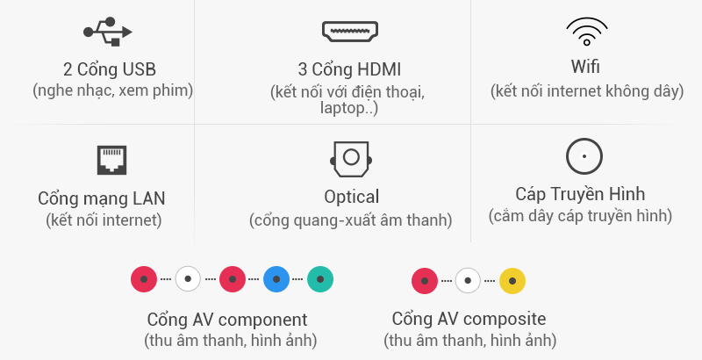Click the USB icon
(x=108, y=32)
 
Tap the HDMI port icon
(x=350, y=32)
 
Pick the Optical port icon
(x=350, y=159)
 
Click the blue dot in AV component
(x=276, y=279)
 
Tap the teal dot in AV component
(x=320, y=279)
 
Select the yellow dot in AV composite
(x=512, y=282)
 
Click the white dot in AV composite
(x=469, y=282)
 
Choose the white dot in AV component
(x=189, y=279)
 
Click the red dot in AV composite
(x=425, y=282)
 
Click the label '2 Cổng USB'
(x=110, y=69)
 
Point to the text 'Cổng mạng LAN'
(x=102, y=198)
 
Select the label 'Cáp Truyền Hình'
(x=580, y=194)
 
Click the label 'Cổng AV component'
(x=227, y=320)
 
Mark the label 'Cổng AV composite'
(x=469, y=319)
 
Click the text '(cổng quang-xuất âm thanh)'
(x=350, y=220)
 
